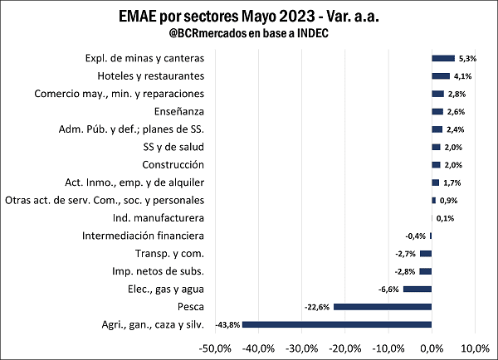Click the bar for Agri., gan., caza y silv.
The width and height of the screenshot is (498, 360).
[337, 324]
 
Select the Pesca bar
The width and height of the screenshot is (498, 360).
[383, 306]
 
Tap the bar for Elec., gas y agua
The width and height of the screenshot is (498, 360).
[417, 289]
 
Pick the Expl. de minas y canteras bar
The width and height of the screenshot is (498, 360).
[443, 58]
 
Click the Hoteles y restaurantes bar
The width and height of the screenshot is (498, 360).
[441, 75]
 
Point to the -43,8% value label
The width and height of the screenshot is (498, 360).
[227, 324]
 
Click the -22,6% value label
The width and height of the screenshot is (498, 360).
[318, 307]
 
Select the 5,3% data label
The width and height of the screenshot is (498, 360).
[466, 58]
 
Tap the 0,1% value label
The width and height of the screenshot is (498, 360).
[445, 218]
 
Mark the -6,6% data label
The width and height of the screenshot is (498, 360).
[389, 289]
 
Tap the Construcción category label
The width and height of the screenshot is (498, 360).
[173, 164]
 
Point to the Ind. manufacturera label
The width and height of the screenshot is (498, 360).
[158, 218]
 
